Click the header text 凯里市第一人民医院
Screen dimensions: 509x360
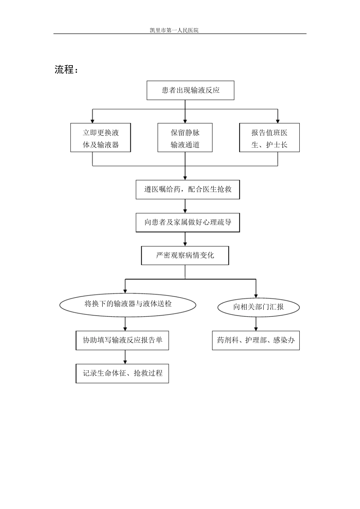pos(174,30)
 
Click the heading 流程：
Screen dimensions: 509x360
pos(66,70)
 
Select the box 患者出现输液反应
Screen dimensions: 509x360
pos(190,91)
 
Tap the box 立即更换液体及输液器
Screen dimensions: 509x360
pos(100,138)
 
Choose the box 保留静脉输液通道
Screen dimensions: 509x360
pos(185,138)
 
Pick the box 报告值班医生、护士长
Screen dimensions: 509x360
pos(269,138)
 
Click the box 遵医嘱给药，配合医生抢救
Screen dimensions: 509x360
pos(188,189)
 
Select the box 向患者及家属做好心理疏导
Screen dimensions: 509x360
pos(188,222)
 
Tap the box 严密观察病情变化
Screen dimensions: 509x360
pos(185,256)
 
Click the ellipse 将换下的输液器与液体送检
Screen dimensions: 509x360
pos(128,304)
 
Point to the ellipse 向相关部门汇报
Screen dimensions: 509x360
pos(258,307)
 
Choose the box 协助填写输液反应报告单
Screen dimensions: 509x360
pos(122,340)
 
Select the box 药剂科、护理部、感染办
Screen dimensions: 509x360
pos(256,340)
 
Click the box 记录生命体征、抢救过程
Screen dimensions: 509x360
pos(122,373)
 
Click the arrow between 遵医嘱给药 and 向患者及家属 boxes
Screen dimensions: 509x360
pos(185,206)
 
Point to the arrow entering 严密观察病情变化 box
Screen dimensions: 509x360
pos(185,239)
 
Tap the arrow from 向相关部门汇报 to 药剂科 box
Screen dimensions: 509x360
pos(256,324)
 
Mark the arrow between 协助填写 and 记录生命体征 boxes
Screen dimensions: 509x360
pos(125,357)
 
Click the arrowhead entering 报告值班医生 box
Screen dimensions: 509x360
pos(278,120)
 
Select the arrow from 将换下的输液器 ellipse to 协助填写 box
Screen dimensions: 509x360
pos(125,324)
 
